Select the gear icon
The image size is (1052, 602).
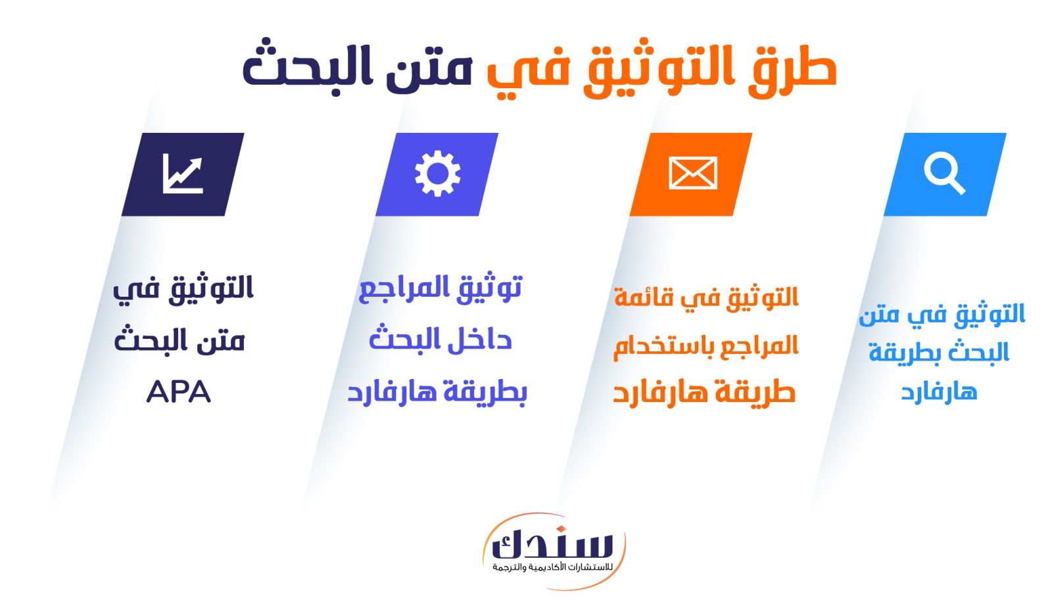(x=438, y=174)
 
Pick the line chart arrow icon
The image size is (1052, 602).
(x=183, y=174)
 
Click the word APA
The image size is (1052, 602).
(x=178, y=392)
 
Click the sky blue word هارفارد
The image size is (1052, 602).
(x=939, y=391)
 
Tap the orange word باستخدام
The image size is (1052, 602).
(x=658, y=348)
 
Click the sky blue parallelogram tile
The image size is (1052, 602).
(x=945, y=174)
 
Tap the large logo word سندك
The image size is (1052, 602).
(x=553, y=545)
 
